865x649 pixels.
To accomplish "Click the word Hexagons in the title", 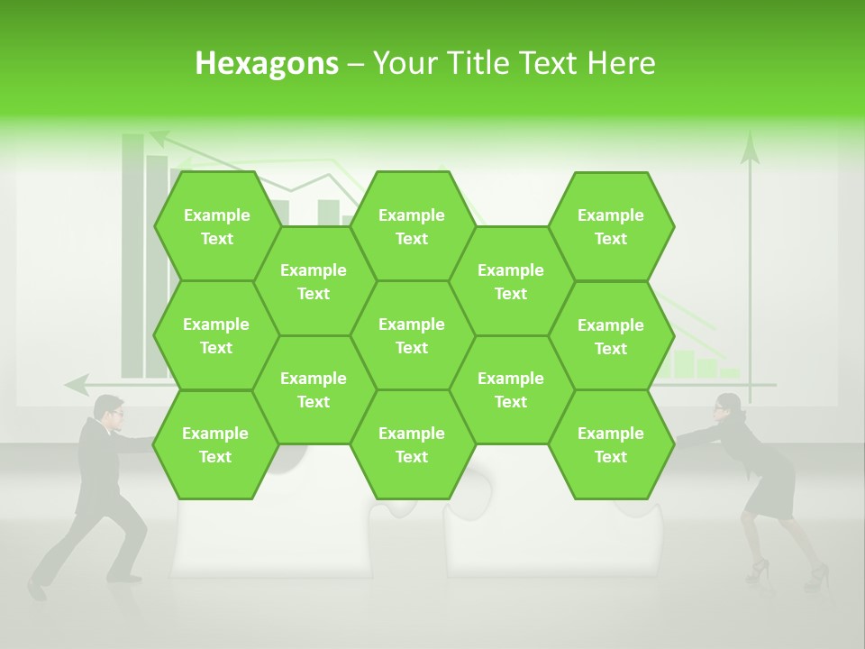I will point(267,63).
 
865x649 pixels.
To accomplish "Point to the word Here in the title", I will point(621,63).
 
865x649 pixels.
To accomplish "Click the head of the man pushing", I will point(110,412).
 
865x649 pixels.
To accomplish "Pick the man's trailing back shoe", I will point(36,590).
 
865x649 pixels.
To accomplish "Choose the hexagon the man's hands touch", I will point(215,444).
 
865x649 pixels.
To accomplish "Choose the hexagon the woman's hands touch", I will point(611,444).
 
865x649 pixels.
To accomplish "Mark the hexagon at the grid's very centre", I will point(412,335).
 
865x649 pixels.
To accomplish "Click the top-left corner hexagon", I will point(216,226).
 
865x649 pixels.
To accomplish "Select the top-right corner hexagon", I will point(611,226).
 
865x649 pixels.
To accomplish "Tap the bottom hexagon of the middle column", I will point(412,444).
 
